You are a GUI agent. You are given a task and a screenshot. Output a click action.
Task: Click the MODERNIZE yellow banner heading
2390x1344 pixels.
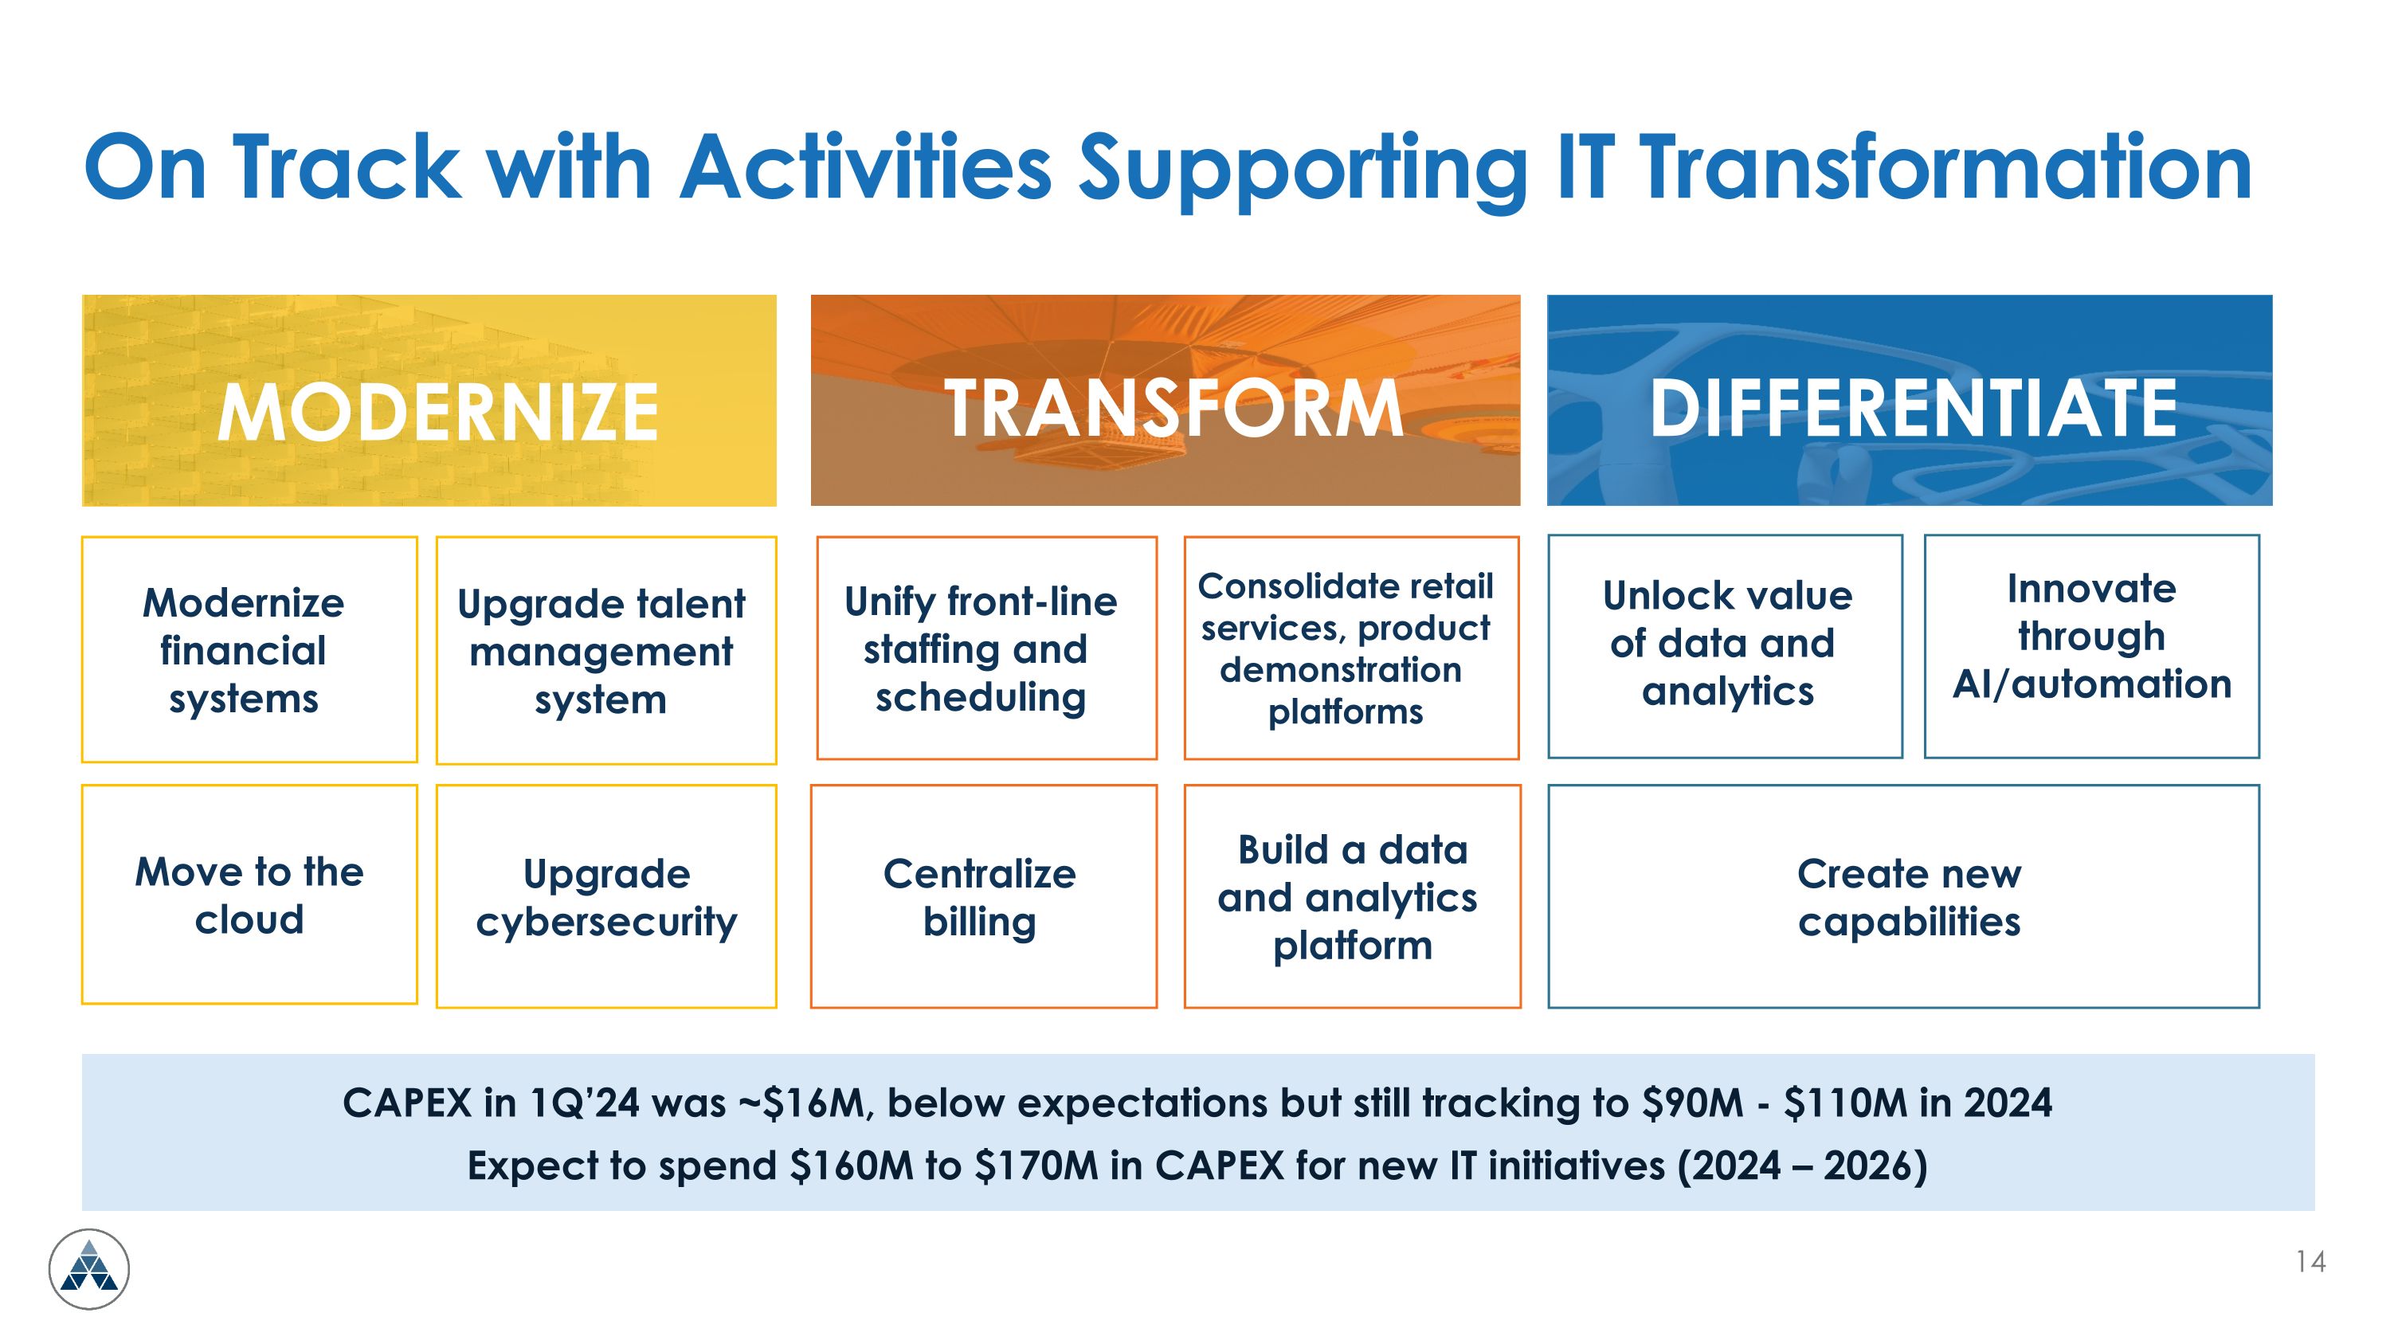click(437, 411)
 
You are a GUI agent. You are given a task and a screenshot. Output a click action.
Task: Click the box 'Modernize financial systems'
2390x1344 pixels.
click(244, 650)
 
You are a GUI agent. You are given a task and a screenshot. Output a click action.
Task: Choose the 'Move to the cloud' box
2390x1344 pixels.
click(249, 895)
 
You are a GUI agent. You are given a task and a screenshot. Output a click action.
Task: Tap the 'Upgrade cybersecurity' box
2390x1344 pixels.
click(605, 897)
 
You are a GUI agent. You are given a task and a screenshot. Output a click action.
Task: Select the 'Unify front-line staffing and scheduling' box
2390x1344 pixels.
click(981, 649)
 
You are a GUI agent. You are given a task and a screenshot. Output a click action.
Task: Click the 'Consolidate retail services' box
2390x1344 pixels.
click(1346, 648)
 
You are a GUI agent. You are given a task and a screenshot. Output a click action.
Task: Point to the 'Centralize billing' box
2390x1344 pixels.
click(980, 897)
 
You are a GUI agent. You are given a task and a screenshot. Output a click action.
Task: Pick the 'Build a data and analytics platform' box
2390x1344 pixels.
click(1352, 897)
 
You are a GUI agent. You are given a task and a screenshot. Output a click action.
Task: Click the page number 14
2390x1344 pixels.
click(2310, 1261)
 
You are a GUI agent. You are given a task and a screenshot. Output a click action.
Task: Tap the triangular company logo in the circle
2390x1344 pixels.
click(89, 1268)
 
